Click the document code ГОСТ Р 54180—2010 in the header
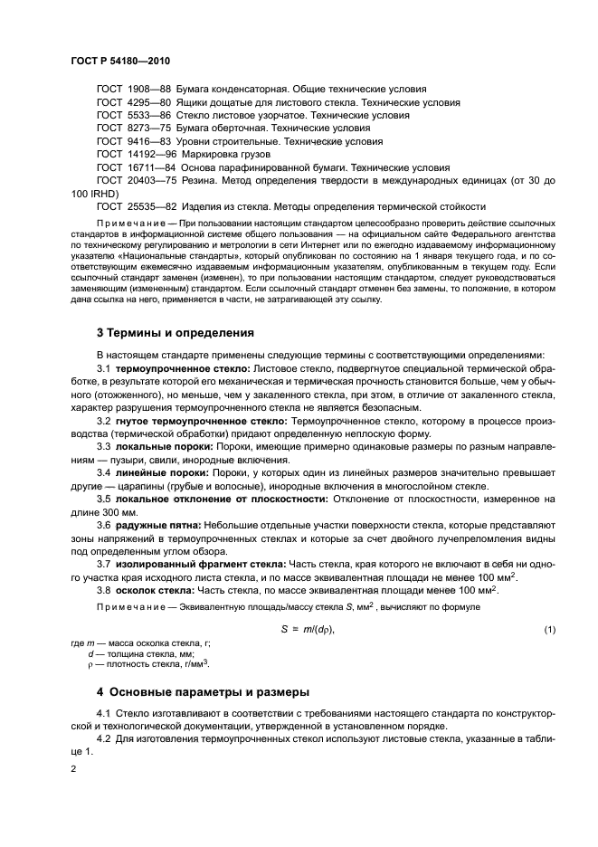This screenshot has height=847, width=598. click(120, 60)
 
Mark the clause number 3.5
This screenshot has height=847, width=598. click(104, 499)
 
